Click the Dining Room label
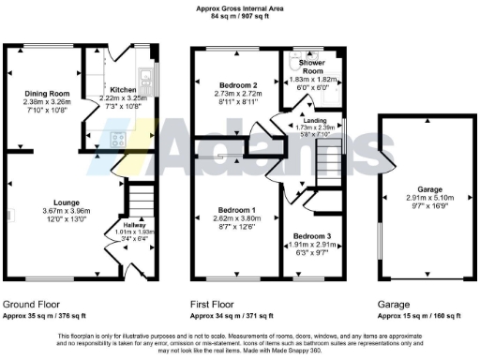pos(47,93)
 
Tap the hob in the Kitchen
pos(118,140)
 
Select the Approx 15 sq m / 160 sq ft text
pos(420,317)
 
